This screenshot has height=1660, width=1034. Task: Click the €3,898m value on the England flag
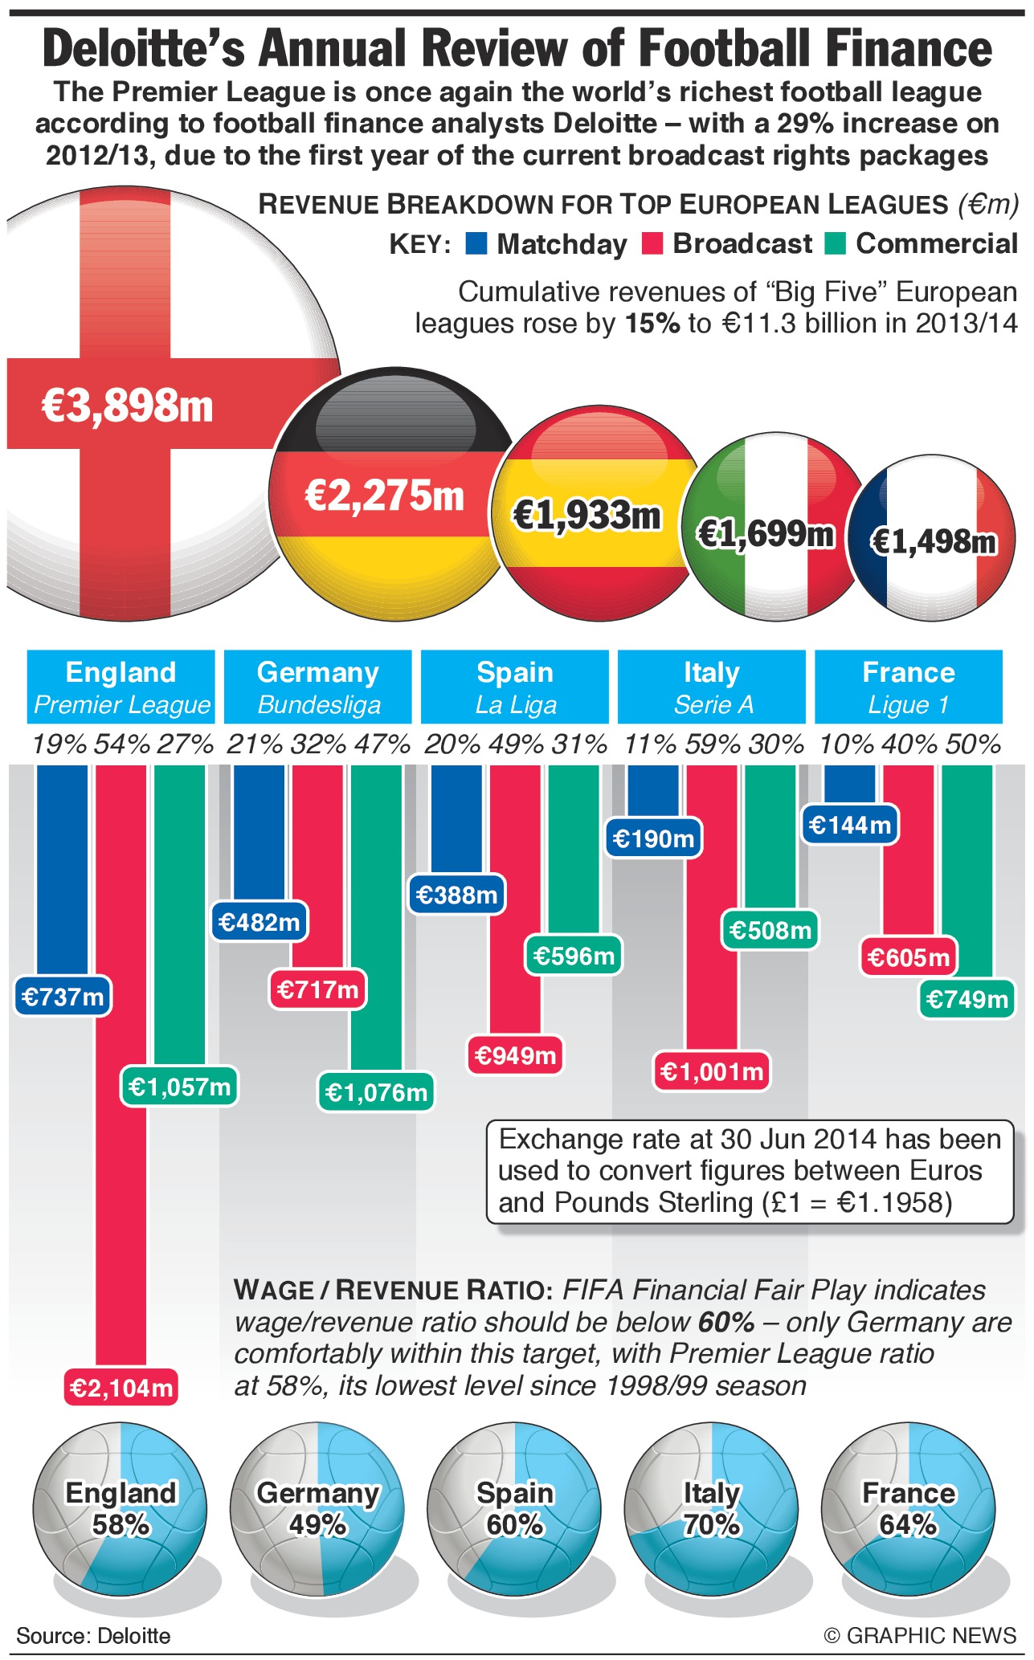(127, 405)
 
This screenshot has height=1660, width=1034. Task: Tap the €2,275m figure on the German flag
(384, 495)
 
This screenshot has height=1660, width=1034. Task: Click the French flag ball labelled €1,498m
(933, 541)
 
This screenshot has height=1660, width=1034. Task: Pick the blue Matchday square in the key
(476, 243)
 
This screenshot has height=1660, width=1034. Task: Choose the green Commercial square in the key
(836, 243)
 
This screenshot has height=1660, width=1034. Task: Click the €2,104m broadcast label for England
(121, 1388)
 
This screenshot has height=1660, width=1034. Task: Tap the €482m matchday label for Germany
(259, 922)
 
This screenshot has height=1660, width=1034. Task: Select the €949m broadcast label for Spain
(515, 1054)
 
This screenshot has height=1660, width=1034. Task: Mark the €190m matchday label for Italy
(653, 838)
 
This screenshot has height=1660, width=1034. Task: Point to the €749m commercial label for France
(967, 999)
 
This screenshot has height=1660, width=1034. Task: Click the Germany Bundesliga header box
(318, 687)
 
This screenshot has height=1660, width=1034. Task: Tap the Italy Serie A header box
(712, 687)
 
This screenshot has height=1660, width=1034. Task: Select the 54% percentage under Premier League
(121, 744)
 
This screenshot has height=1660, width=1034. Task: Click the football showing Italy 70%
(711, 1509)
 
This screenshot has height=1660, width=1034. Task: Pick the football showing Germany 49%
(317, 1509)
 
